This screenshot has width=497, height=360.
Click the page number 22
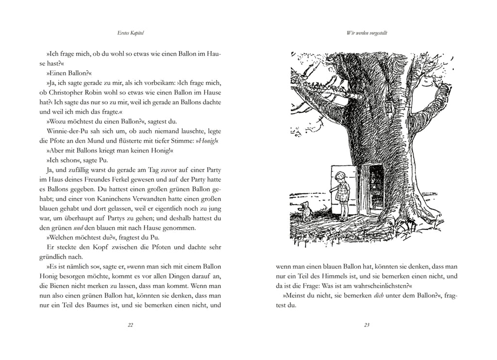130,325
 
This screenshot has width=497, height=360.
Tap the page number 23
366,325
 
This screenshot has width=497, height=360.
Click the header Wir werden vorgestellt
366,34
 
